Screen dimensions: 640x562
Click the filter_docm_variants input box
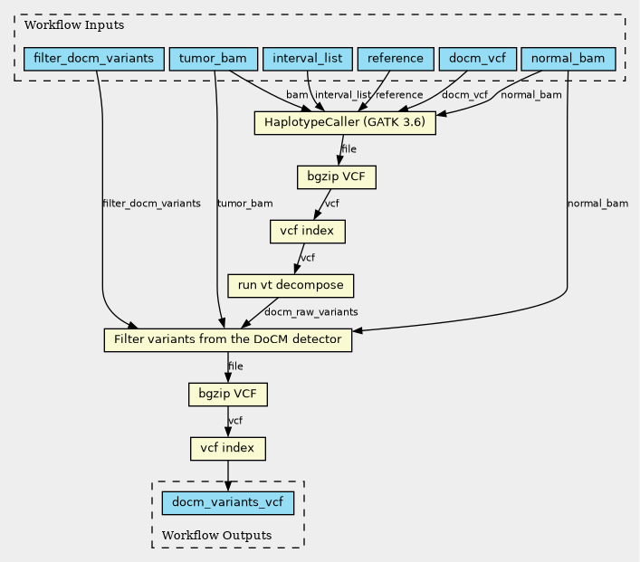coord(94,59)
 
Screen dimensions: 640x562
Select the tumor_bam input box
coord(213,59)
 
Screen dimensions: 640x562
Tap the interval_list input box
coord(308,59)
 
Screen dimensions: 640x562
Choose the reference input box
coord(396,59)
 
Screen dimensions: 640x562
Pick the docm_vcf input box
coord(478,59)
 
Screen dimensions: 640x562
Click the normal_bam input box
coord(568,59)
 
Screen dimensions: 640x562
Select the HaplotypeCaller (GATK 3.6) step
coord(345,122)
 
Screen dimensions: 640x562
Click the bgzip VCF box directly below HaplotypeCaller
coord(337,176)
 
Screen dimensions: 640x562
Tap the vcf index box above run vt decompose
coord(308,232)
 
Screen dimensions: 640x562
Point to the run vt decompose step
coord(291,286)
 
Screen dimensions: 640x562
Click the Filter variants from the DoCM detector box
coord(228,340)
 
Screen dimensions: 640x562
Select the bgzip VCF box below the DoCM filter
coord(228,395)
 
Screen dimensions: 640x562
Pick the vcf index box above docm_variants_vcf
coord(228,449)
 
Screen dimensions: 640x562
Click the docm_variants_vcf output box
coord(228,503)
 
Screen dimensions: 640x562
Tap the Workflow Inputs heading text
coord(74,25)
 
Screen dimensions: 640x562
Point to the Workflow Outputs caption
coord(216,536)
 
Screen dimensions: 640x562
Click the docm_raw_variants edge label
coord(311,312)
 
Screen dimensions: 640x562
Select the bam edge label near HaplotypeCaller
coord(297,95)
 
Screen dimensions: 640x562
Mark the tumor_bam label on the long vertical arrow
coord(245,204)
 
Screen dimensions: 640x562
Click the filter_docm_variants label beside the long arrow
coord(151,204)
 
